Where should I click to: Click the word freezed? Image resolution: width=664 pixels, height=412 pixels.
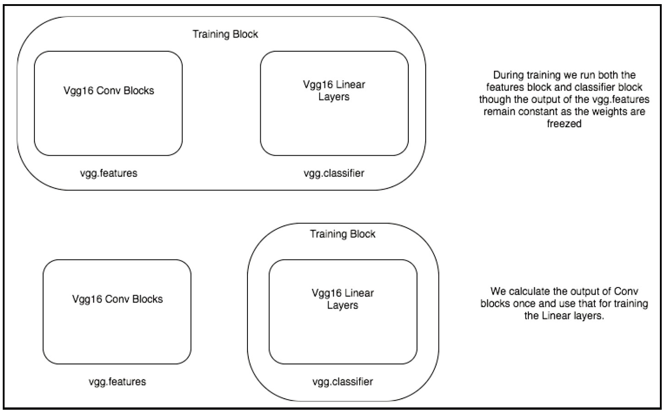[x=564, y=124]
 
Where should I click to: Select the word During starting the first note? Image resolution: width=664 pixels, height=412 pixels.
[x=509, y=75]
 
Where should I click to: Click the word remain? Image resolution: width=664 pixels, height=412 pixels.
[x=498, y=112]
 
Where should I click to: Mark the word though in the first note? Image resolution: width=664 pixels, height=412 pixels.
[x=494, y=99]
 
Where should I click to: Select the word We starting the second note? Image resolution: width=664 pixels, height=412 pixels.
[x=498, y=292]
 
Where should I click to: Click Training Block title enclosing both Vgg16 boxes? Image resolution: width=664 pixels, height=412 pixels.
[x=225, y=34]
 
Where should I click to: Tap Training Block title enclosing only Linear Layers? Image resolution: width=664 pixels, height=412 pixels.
[x=342, y=234]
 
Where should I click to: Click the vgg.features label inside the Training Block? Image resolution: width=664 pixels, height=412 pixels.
[x=109, y=173]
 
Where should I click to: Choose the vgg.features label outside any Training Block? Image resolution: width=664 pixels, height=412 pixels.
[x=117, y=381]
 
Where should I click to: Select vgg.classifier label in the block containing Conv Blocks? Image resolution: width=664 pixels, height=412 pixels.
[x=334, y=173]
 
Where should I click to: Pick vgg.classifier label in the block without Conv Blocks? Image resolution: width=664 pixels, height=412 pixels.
[x=342, y=381]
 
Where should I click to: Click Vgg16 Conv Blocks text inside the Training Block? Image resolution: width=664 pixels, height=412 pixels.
[x=109, y=91]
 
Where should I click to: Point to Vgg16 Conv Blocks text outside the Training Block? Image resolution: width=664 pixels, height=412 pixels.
[x=117, y=299]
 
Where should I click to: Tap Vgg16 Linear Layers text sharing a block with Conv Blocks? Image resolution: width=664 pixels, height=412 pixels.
[x=334, y=91]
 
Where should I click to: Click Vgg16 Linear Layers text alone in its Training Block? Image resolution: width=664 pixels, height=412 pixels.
[x=342, y=299]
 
